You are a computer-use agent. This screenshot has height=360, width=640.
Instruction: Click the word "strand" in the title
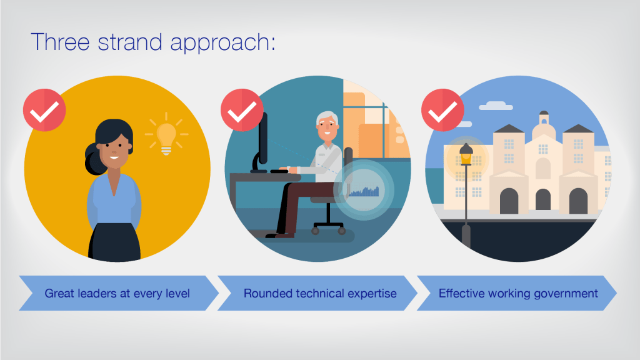[x=130, y=42]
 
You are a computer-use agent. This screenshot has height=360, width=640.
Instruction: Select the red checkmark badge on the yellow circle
[x=44, y=110]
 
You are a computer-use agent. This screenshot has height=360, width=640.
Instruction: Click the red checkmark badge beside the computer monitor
[x=242, y=110]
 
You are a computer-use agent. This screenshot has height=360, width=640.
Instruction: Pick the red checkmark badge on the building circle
[x=442, y=110]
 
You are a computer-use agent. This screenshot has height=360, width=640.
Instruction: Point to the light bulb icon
[x=166, y=136]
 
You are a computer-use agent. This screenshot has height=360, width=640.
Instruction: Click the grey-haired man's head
[x=327, y=126]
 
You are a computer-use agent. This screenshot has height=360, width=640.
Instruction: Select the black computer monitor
[x=261, y=141]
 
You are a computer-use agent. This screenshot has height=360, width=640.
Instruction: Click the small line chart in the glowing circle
[x=364, y=191]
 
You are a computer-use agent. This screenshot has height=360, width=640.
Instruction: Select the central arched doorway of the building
[x=543, y=199]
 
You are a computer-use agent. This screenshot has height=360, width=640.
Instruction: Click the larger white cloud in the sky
[x=496, y=106]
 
